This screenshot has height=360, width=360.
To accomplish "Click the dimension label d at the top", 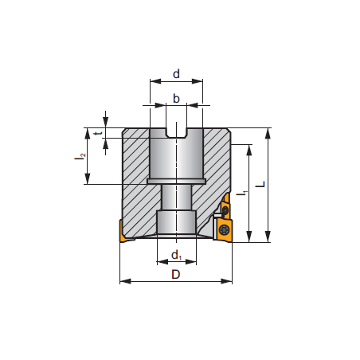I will (176, 73).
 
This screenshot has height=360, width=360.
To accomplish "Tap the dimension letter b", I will (176, 99).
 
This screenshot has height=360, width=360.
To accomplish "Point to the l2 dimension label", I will (80, 157).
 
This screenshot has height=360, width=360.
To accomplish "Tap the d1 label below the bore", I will (177, 256).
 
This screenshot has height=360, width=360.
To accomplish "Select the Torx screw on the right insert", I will (225, 229).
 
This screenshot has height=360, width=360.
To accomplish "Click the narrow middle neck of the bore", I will (176, 198).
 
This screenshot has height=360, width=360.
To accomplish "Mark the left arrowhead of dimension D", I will (123, 281).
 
